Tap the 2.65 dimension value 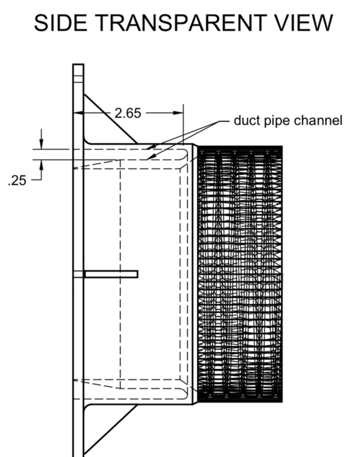(x=128, y=113)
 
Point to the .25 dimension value (x=18, y=180)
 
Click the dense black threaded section (x=240, y=274)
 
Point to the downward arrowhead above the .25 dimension (x=41, y=145)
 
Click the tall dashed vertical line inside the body (x=120, y=272)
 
